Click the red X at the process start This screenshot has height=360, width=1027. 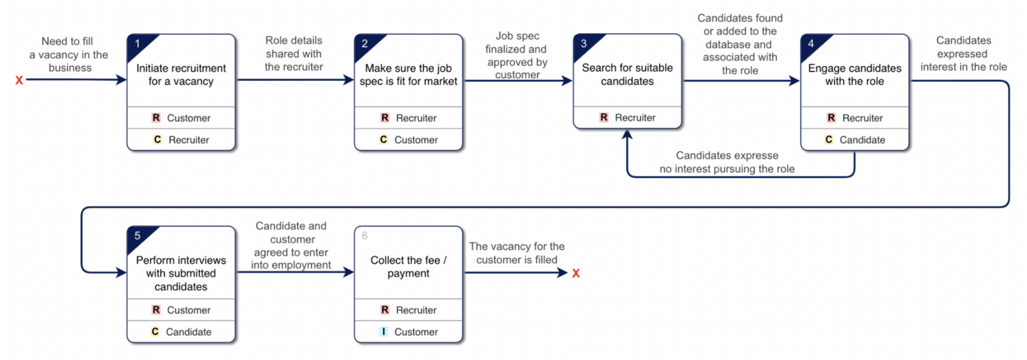click(19, 80)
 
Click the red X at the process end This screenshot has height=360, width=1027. click(576, 273)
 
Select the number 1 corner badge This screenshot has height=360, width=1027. click(137, 44)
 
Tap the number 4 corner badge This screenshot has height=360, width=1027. click(811, 44)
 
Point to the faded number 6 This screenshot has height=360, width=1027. click(365, 236)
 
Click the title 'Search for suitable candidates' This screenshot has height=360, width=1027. click(627, 74)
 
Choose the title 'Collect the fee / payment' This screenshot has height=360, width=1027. click(408, 266)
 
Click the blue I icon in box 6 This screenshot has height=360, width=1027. click(383, 332)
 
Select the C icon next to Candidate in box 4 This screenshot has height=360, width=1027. click(829, 140)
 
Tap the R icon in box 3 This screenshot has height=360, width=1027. click(603, 117)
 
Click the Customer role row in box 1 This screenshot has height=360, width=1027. click(181, 118)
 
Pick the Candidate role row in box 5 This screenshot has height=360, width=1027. click(181, 332)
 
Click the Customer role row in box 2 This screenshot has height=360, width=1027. click(408, 140)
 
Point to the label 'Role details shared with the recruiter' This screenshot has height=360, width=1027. click(294, 53)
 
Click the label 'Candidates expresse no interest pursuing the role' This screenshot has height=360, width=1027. click(727, 162)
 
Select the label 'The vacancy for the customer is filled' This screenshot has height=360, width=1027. click(517, 253)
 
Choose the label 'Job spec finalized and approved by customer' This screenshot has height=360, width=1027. click(517, 55)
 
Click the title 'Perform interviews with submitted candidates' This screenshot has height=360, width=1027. click(181, 273)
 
